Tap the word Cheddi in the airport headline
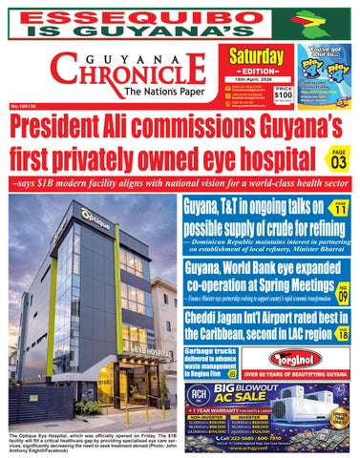click(202, 321)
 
